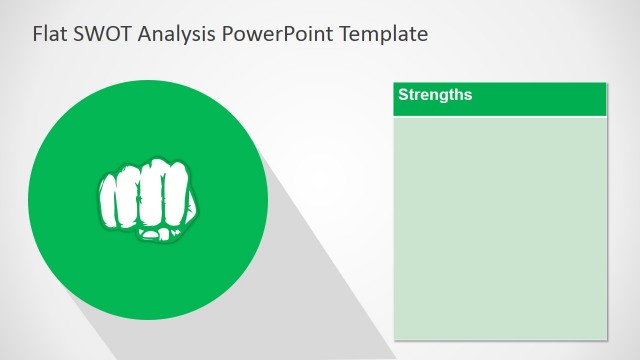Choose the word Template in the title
tap(384, 34)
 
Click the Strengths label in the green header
tap(435, 96)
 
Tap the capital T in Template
tap(346, 34)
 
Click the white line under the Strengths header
tap(500, 117)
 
